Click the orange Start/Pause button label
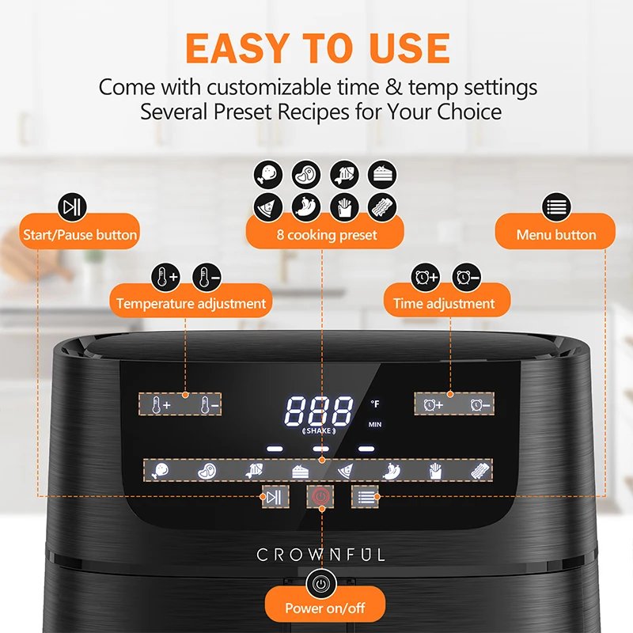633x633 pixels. point(80,235)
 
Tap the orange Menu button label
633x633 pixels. point(556,235)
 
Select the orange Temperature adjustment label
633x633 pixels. point(191,303)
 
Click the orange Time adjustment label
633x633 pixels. point(444,303)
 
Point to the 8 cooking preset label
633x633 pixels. point(325,235)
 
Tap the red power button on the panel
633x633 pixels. point(320,497)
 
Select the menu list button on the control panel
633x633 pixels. point(365,497)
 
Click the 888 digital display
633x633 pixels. point(319,411)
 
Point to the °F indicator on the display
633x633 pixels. point(375,404)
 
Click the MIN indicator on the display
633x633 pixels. point(375,425)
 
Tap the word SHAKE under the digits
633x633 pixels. point(318,430)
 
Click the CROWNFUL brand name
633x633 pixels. point(320,555)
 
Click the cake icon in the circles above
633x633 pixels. point(383,175)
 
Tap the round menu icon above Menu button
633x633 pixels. point(556,207)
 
